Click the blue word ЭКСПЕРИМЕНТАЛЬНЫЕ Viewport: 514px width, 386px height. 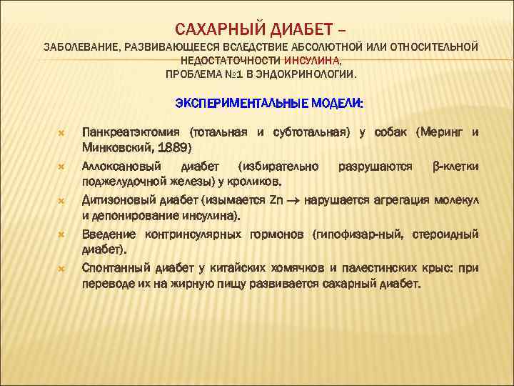point(242,104)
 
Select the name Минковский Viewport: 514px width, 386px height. point(114,147)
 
